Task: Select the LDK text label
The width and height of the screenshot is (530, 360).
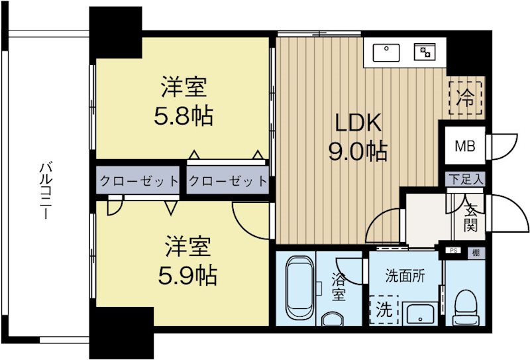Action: coord(358,123)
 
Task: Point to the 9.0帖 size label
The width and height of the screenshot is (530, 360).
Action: coord(358,152)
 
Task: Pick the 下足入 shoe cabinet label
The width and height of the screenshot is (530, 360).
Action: coord(465,179)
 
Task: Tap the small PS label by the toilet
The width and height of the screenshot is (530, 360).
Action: coord(454,251)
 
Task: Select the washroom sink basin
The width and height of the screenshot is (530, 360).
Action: coord(419,314)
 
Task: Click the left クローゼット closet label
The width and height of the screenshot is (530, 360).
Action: coord(138,180)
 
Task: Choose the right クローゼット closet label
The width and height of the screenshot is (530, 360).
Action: coord(227,180)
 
